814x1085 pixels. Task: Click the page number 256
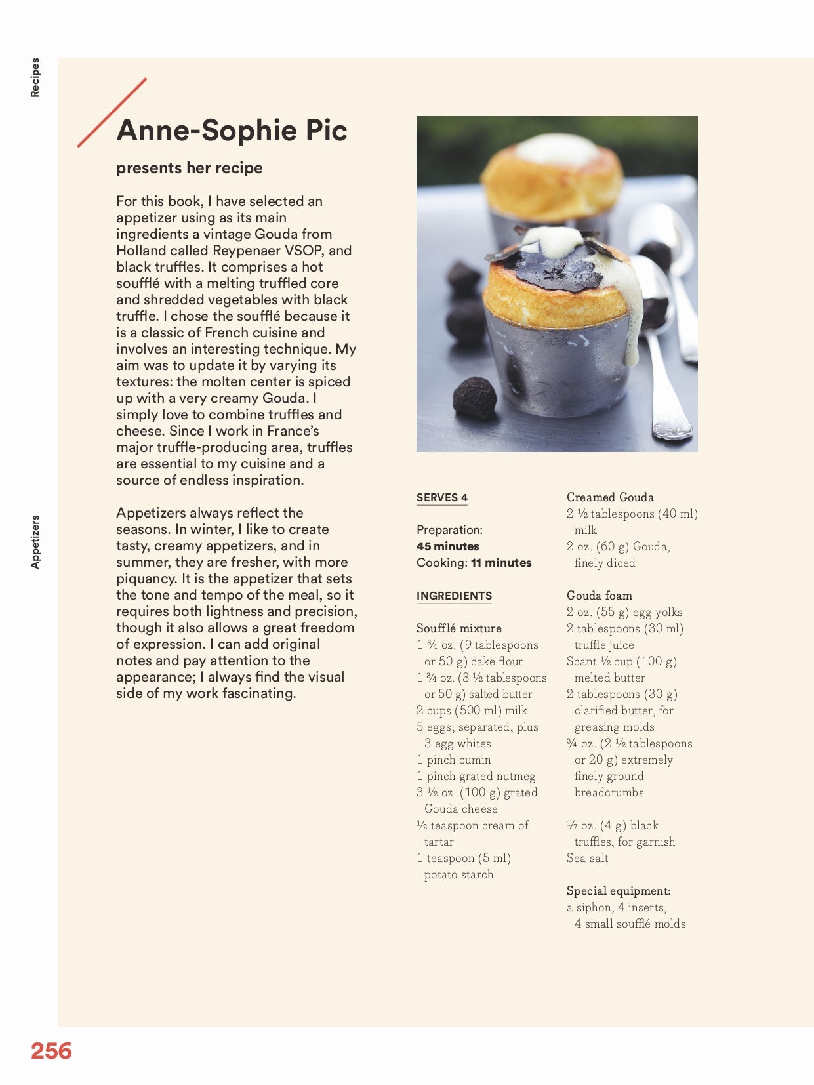point(51,1050)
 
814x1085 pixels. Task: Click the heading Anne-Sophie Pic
point(232,130)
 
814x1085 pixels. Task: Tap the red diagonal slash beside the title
point(112,113)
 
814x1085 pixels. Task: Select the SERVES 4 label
point(442,497)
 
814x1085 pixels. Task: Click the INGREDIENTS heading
point(454,596)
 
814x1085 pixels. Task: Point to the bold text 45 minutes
point(448,546)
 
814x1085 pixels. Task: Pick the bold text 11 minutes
point(501,563)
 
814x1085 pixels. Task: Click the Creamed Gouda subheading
point(610,497)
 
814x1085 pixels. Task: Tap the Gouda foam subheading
point(600,596)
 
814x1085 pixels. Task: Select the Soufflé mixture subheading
point(459,628)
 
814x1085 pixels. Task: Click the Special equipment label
point(619,891)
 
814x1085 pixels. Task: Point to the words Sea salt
point(588,858)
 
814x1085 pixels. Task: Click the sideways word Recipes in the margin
point(35,77)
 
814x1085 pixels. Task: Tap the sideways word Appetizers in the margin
point(35,542)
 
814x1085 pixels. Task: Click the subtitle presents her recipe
point(190,168)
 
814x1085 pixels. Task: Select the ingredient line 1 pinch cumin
point(454,760)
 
